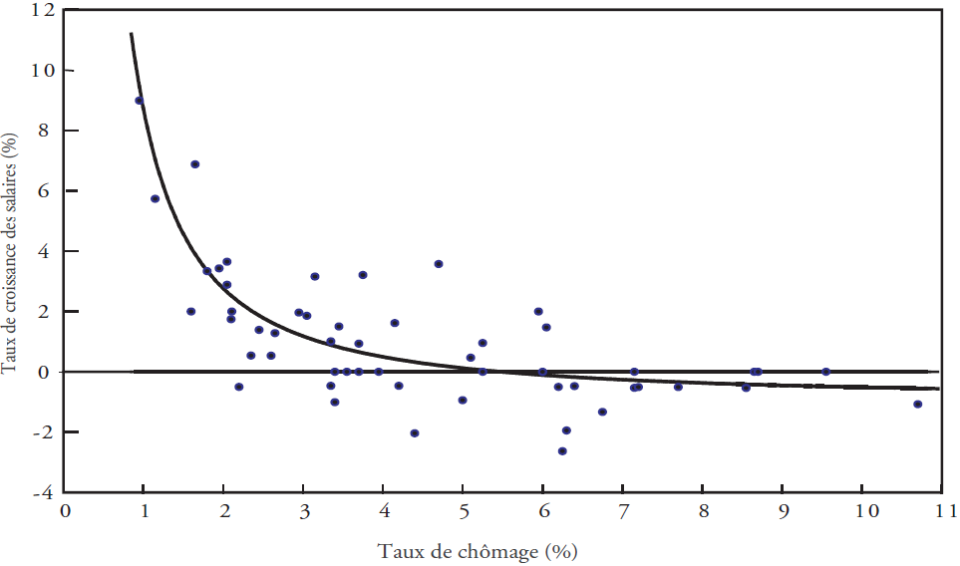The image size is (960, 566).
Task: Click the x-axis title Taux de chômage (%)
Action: pyautogui.click(x=478, y=551)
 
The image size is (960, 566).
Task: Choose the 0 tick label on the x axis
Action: pyautogui.click(x=65, y=511)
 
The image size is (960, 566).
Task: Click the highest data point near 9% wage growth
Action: pyautogui.click(x=140, y=101)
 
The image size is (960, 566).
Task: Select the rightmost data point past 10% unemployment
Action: pyautogui.click(x=917, y=404)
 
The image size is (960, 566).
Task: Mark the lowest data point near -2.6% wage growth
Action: pyautogui.click(x=562, y=451)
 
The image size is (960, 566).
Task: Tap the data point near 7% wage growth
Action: pyautogui.click(x=195, y=164)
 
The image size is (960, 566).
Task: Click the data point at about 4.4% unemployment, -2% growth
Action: pyautogui.click(x=415, y=432)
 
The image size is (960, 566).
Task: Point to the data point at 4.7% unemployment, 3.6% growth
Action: pyautogui.click(x=439, y=264)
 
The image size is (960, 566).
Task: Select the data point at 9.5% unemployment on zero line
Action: pyautogui.click(x=825, y=372)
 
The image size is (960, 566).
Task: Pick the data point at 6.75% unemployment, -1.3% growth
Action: pyautogui.click(x=602, y=412)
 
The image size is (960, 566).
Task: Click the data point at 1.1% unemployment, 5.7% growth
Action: pyautogui.click(x=155, y=198)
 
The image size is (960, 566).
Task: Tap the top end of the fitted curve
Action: pyautogui.click(x=131, y=34)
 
